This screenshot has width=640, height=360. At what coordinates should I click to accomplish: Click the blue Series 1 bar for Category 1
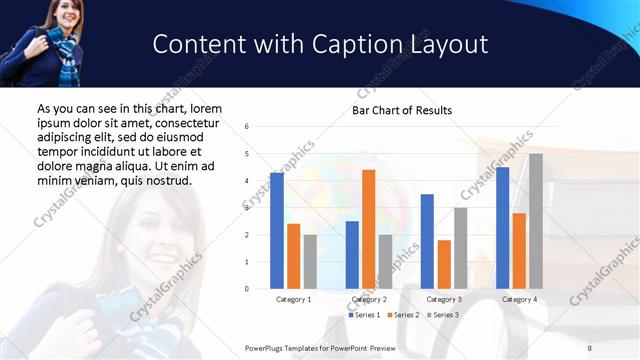click(277, 231)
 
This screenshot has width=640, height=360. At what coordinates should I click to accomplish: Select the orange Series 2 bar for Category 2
click(368, 229)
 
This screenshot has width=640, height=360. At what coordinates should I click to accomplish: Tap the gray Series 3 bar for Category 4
click(536, 221)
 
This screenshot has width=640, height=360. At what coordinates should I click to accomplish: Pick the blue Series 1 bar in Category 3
click(427, 241)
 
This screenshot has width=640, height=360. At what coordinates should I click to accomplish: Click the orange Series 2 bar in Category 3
click(444, 264)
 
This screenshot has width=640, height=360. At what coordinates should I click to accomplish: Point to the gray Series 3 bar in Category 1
click(310, 262)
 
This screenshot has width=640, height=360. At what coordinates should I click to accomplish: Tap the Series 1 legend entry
click(363, 315)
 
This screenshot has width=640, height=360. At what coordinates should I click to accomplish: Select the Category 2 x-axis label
click(369, 299)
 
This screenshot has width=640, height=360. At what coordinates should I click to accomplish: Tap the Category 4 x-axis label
click(519, 299)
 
